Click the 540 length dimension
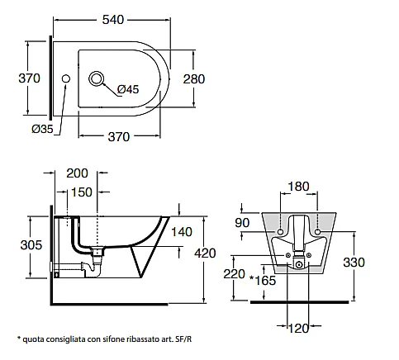tap(113, 20)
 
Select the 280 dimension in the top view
tap(194, 79)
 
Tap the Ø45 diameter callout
tap(128, 89)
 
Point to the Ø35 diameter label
tap(42, 129)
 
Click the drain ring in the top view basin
tap(96, 78)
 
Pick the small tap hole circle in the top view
tap(65, 79)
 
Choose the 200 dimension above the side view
tap(77, 173)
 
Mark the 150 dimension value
tap(82, 192)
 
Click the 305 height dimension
tap(31, 245)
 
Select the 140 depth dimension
tap(182, 232)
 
